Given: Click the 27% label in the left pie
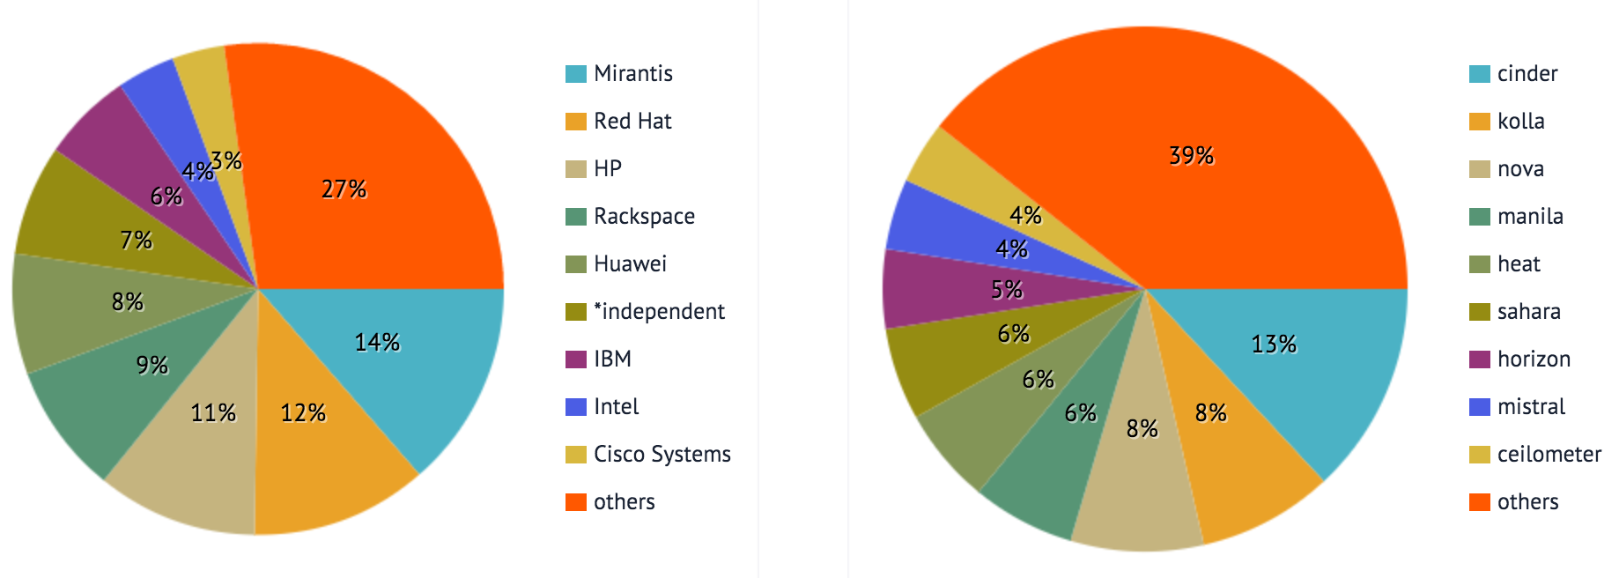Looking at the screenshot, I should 344,189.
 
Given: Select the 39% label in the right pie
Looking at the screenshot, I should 1191,156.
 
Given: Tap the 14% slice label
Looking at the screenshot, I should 377,342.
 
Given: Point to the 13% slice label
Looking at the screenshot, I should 1274,344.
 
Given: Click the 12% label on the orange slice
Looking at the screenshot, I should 303,412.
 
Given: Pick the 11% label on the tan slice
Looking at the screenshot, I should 213,412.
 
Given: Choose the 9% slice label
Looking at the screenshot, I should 152,365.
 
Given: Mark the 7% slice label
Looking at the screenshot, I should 136,240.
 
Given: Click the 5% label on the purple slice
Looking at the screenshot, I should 1007,290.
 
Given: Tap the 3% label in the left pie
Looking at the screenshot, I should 226,160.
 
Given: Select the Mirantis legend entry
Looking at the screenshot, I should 632,73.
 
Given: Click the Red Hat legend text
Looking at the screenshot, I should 632,121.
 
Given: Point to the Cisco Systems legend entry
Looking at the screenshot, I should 662,454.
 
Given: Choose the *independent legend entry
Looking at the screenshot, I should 659,311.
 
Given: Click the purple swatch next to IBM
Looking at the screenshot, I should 575,359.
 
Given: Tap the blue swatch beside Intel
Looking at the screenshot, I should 575,406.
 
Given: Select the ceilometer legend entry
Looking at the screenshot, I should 1549,454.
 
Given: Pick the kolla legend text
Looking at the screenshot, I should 1520,121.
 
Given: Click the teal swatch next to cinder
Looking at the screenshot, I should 1479,73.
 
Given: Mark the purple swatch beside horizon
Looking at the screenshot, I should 1479,359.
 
